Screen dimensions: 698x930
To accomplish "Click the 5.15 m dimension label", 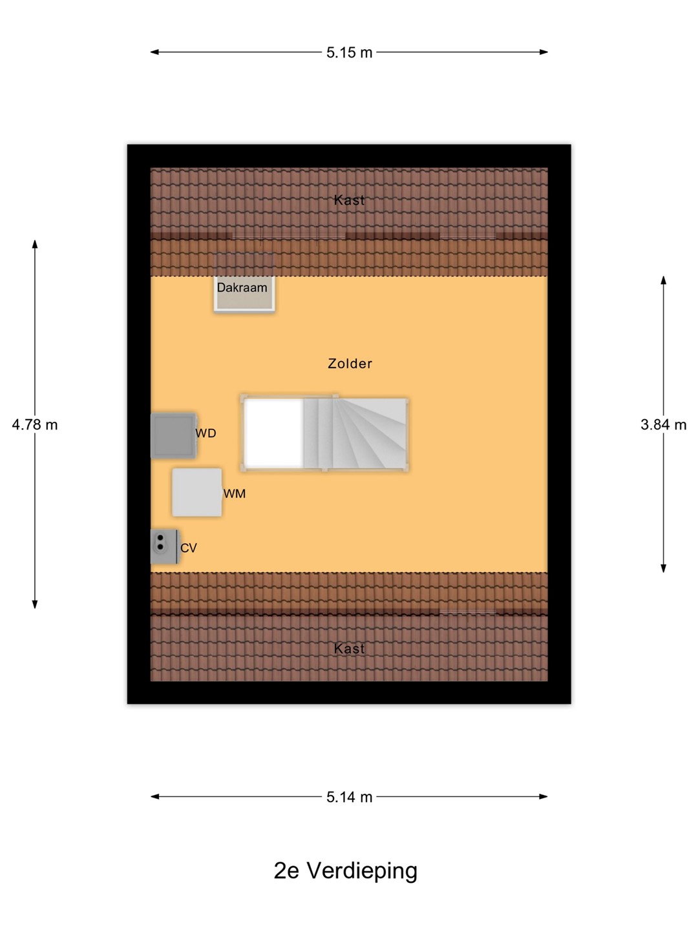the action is (x=349, y=52).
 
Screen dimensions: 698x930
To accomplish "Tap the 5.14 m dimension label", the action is (x=349, y=798).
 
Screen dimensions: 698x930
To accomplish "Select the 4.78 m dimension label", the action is (x=35, y=424).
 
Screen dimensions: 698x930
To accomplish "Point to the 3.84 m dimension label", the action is (x=663, y=424).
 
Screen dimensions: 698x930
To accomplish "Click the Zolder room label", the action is (x=350, y=364).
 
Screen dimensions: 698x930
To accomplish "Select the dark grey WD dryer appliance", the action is (x=173, y=435).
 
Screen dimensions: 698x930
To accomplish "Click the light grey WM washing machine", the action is (x=197, y=492).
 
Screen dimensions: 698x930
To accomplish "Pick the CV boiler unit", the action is (x=164, y=546).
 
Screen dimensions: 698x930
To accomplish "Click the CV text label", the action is (x=189, y=548).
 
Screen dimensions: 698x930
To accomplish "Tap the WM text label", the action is (x=235, y=493).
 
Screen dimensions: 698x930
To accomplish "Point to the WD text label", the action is (x=206, y=433).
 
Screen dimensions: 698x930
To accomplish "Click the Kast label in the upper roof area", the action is (x=349, y=200).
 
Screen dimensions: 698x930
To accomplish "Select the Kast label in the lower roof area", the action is (x=349, y=648).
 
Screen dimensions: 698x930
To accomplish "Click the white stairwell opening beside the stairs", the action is (x=274, y=433).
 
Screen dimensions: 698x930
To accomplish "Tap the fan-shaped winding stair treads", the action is (x=368, y=433).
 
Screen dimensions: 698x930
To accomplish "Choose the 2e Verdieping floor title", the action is (x=345, y=871).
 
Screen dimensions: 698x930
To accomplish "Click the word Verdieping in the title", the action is (x=363, y=871).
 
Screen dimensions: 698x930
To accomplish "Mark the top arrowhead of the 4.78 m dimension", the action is (x=35, y=244).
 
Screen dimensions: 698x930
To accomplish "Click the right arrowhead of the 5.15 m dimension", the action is (x=544, y=52).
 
